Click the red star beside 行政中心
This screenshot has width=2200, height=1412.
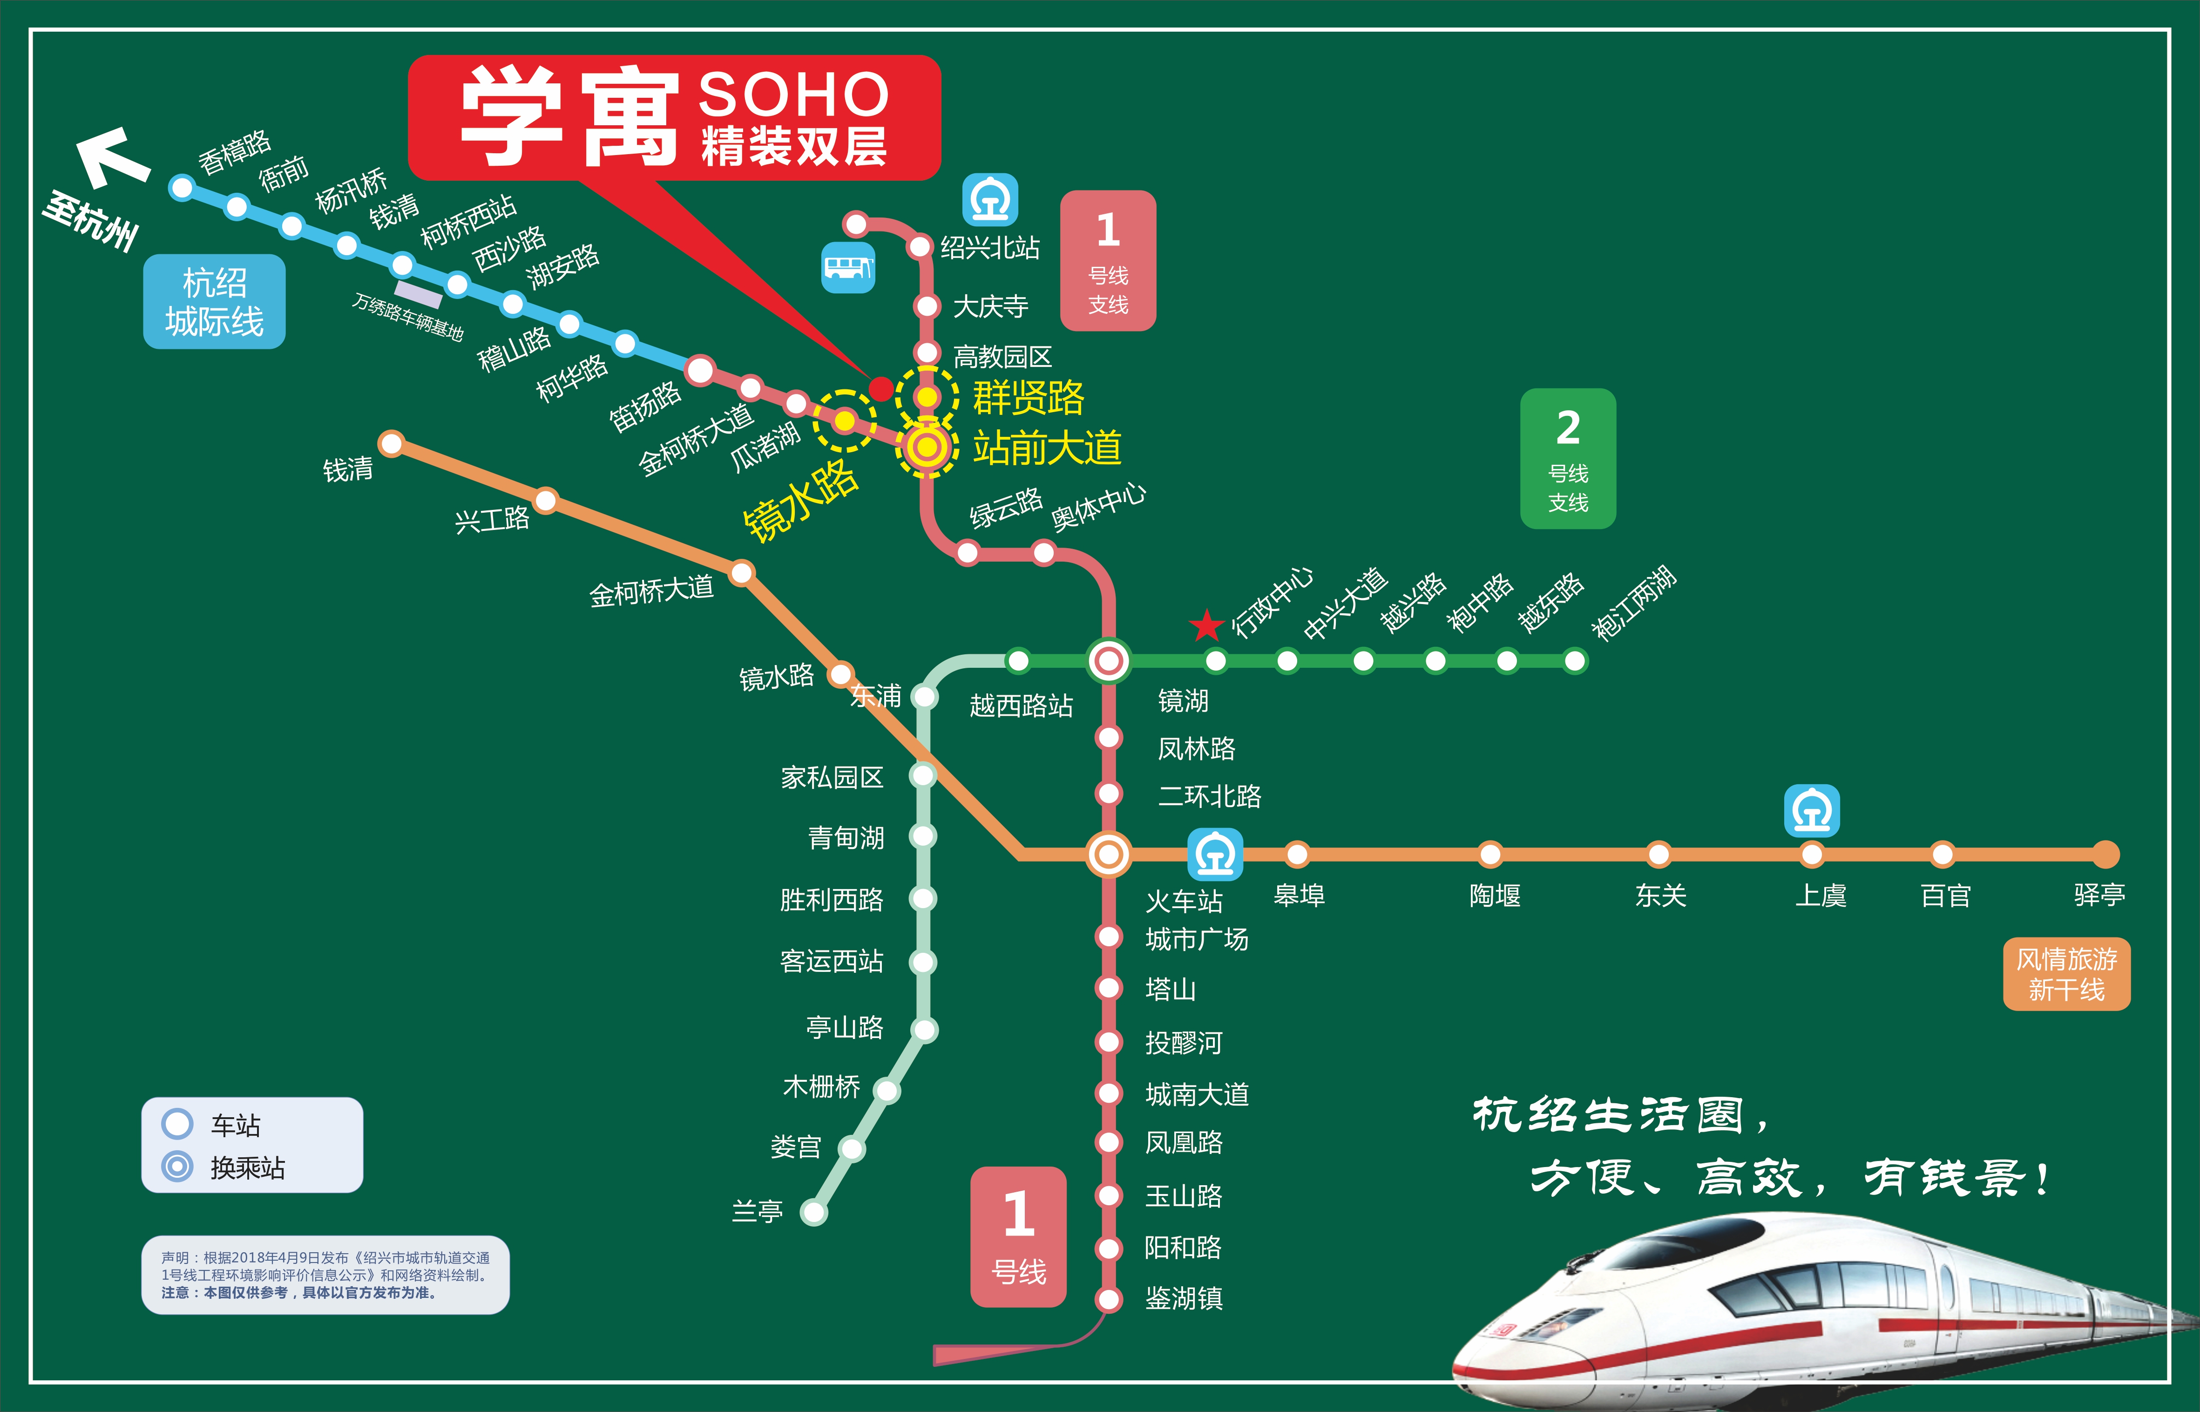click(x=1206, y=626)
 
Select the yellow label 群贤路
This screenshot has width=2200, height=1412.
click(x=1029, y=398)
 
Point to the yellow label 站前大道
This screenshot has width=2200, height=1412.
click(x=1047, y=448)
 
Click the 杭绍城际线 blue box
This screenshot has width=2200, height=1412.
click(x=215, y=302)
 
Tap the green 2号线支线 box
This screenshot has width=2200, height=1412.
click(x=1568, y=458)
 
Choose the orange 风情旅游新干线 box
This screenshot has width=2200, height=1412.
click(x=2066, y=974)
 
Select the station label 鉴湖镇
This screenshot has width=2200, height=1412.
click(x=1184, y=1298)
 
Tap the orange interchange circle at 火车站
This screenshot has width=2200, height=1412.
click(x=1108, y=855)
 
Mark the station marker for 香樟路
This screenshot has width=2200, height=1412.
click(x=183, y=188)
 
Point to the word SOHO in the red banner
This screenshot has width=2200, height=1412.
click(x=794, y=95)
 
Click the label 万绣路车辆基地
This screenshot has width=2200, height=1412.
click(x=408, y=316)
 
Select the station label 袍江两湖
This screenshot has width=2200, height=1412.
click(x=1633, y=603)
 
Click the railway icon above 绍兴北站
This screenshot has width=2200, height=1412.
click(x=990, y=199)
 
